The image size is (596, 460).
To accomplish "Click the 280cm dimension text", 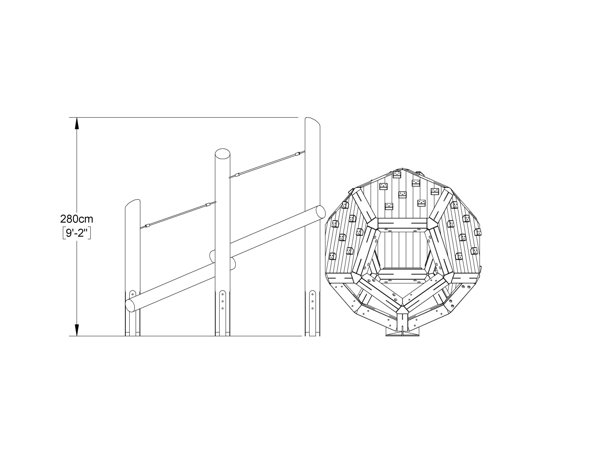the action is pyautogui.click(x=77, y=219).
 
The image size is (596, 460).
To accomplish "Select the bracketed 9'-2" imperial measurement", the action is pyautogui.click(x=77, y=233).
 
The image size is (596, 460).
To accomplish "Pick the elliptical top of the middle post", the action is pyautogui.click(x=223, y=153).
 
